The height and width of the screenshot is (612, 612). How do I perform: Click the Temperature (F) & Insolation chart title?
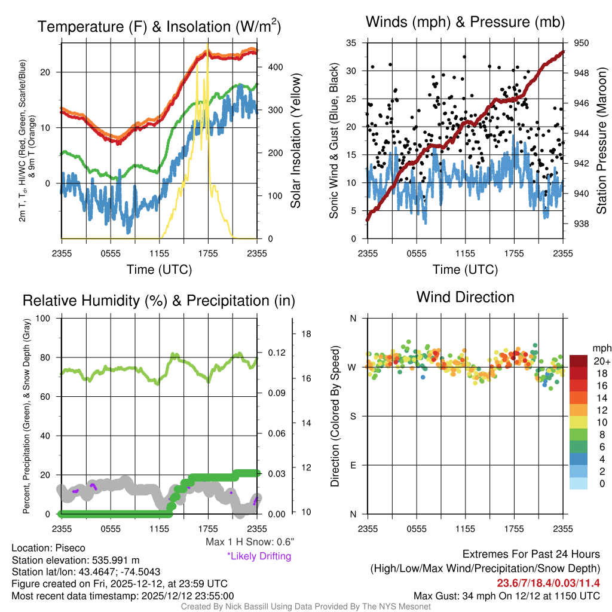point(159,26)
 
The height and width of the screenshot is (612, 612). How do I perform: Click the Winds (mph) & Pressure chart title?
point(465,22)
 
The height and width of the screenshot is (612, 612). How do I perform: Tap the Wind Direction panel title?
point(465,297)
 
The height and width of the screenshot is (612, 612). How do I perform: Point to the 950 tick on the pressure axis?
point(581,43)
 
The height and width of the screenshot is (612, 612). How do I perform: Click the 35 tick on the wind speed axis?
point(351,43)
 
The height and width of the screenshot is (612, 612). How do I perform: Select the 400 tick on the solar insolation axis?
point(275,67)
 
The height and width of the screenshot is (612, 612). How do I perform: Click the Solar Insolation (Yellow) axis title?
point(296,140)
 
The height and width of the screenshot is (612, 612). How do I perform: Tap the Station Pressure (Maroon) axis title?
point(601,140)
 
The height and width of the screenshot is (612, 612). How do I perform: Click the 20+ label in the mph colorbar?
point(602,362)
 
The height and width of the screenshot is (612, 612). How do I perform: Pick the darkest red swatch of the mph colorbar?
point(579,361)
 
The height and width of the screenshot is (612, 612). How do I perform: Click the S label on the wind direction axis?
point(353,416)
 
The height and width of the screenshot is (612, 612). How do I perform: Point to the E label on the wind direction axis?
point(353,465)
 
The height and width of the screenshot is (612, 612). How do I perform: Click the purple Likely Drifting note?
point(259,556)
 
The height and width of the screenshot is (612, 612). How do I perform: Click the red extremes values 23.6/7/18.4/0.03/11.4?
point(548,583)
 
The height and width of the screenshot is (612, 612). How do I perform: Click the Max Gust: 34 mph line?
point(507,596)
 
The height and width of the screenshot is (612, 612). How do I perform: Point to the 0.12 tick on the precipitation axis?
point(276,353)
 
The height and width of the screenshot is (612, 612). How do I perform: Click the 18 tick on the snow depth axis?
point(306,333)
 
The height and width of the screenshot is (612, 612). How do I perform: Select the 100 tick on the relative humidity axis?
point(43,318)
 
